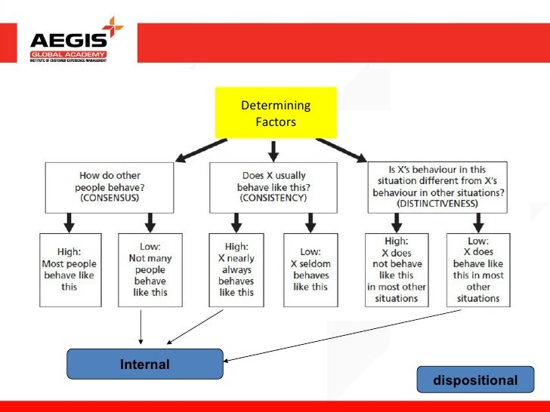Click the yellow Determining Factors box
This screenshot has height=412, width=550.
[275, 112]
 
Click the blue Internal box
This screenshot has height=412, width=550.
[145, 364]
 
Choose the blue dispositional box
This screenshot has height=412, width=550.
[475, 380]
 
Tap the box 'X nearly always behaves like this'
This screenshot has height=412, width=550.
[236, 269]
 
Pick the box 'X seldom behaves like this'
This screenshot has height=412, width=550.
[311, 269]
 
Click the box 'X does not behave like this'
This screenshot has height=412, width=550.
[396, 269]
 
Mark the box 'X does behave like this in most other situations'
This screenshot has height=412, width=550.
[478, 269]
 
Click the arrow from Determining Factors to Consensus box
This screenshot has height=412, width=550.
[200, 149]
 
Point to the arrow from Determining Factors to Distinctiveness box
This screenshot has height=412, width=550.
[341, 149]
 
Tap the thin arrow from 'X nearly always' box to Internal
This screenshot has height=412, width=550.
[196, 325]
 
